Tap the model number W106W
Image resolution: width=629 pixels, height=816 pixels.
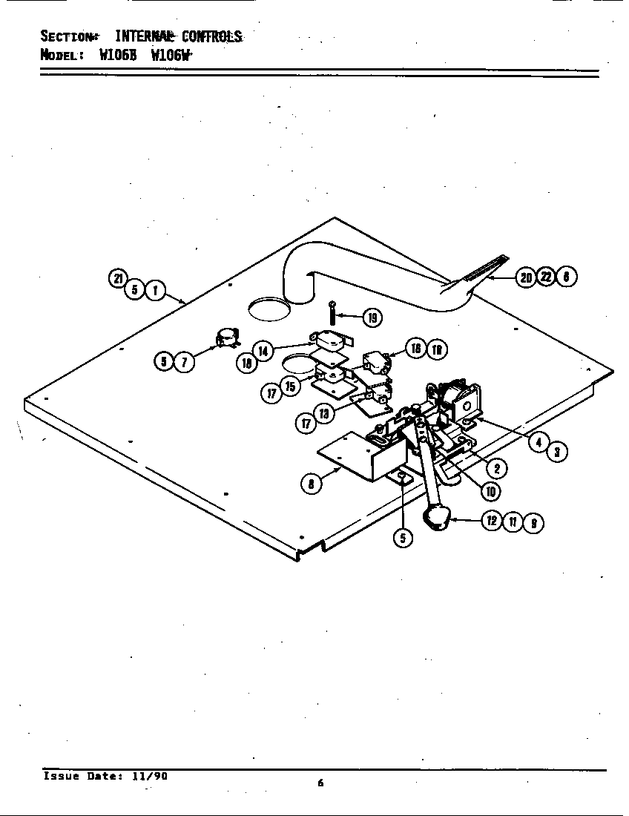(171, 54)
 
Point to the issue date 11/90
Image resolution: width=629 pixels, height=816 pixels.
(150, 776)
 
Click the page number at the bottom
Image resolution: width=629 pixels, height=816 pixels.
(320, 782)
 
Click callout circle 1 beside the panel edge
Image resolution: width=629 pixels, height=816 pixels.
(154, 290)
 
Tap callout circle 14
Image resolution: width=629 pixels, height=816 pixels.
(263, 350)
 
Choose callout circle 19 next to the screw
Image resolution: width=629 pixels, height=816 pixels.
(372, 318)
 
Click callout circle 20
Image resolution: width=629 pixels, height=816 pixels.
(526, 277)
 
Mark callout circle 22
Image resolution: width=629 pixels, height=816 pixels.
(546, 277)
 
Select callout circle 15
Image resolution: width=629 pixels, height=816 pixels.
(289, 386)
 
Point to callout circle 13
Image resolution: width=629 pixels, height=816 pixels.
(324, 413)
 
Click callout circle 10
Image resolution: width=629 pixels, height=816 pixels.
(490, 490)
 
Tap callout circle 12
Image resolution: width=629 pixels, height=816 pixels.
(492, 521)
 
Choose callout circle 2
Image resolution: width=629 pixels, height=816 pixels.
(501, 468)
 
